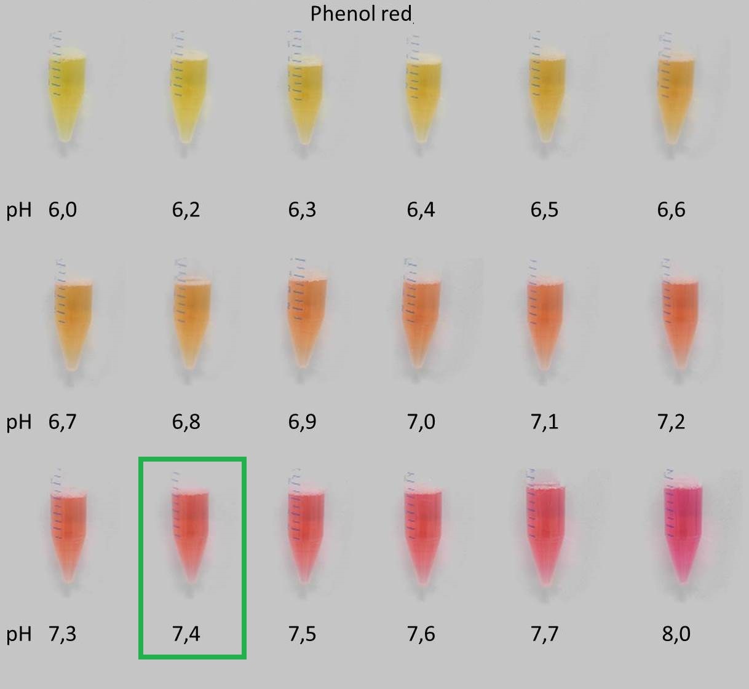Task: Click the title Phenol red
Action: click(361, 14)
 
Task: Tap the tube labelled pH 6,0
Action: click(66, 92)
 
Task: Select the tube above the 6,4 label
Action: click(422, 92)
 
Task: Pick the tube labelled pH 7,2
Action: click(680, 317)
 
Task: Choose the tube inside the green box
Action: click(189, 529)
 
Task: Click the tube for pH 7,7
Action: click(546, 529)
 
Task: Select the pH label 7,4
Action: click(186, 634)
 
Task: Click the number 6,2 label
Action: click(186, 210)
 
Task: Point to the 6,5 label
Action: click(544, 210)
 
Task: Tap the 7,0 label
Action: click(421, 422)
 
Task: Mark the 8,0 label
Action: click(676, 634)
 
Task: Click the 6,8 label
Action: click(186, 422)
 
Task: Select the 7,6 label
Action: click(421, 634)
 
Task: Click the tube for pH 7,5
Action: click(306, 529)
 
